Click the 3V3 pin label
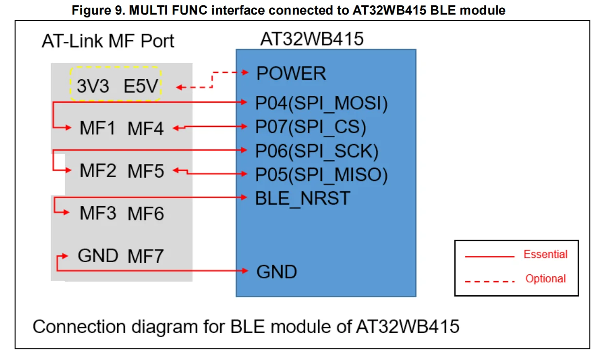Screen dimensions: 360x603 [93, 87]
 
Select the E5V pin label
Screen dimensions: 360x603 [141, 87]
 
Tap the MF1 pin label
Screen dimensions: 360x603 [98, 129]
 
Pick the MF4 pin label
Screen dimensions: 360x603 [146, 129]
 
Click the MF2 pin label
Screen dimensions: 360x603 [98, 171]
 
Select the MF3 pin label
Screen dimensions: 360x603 [98, 214]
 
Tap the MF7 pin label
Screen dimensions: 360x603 [146, 256]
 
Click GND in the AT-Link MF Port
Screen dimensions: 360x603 [98, 255]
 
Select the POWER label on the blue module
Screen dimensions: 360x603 [291, 73]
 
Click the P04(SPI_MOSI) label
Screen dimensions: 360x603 [321, 103]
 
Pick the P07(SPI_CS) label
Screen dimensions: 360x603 [310, 127]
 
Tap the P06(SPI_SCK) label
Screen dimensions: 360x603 [317, 151]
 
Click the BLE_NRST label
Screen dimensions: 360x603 [302, 198]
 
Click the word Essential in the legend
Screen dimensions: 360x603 [545, 254]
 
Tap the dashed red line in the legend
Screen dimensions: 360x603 [489, 281]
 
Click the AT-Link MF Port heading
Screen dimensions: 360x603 [108, 41]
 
